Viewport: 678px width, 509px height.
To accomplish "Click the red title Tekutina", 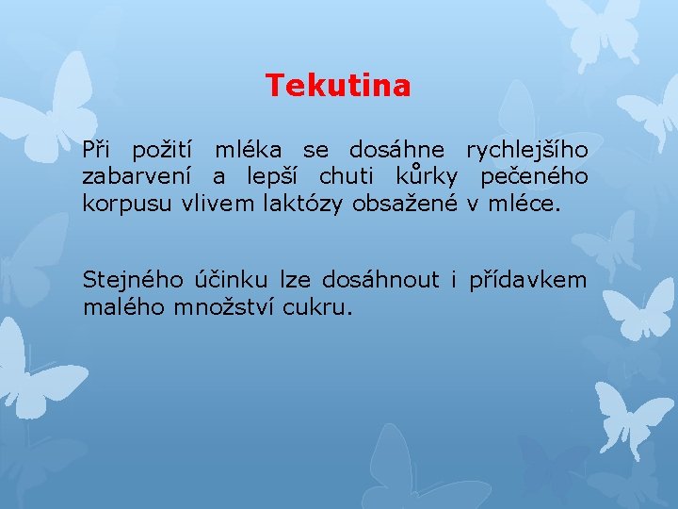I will click(x=338, y=87).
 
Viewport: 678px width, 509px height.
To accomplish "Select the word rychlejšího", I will click(x=526, y=151).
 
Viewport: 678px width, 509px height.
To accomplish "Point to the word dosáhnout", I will click(x=380, y=280).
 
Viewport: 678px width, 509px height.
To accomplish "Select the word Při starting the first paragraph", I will click(x=98, y=150).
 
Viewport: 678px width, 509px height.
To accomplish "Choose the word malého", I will click(x=123, y=306).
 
